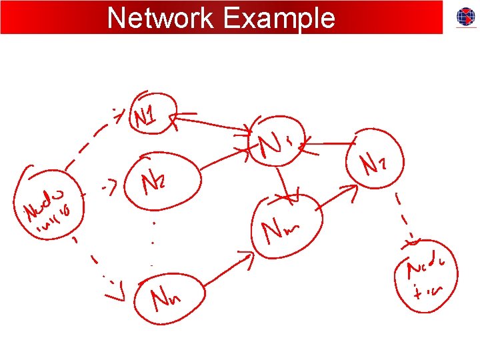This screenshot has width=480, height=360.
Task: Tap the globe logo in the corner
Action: [x=465, y=17]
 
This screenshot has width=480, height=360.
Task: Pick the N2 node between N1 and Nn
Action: [x=167, y=178]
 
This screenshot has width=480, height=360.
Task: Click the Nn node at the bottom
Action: [x=167, y=298]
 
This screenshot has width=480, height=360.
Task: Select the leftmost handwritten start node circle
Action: [x=48, y=203]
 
